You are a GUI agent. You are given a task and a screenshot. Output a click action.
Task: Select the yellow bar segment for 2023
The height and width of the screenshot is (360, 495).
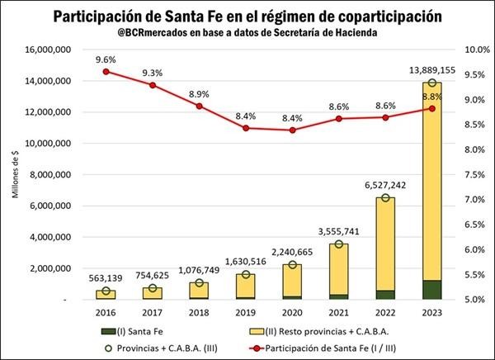click(x=431, y=182)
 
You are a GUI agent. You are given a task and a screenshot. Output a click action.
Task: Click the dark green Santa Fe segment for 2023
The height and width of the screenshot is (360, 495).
click(x=431, y=290)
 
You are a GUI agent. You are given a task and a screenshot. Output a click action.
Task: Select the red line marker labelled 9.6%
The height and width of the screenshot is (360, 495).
click(x=106, y=72)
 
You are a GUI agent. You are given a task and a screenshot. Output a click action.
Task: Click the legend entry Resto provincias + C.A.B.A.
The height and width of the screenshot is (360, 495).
click(x=317, y=331)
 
